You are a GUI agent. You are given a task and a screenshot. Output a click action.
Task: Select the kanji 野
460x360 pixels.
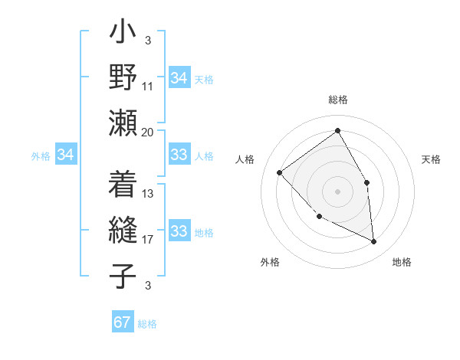[123, 78]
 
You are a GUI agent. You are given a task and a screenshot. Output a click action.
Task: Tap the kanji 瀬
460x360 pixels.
[123, 123]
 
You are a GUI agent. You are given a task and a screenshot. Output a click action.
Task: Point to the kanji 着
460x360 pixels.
[123, 185]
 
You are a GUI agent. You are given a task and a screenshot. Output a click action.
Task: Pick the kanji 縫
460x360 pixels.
[123, 231]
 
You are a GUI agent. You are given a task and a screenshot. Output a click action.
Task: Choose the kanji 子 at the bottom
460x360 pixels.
[123, 276]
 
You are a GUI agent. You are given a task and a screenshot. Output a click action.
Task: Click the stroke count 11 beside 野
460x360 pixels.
[148, 87]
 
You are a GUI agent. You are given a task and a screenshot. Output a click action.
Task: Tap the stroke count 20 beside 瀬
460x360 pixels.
[148, 132]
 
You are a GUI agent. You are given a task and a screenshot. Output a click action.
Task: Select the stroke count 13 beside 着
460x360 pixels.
[148, 194]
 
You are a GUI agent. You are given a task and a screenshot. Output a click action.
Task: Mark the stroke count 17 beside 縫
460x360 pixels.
[148, 240]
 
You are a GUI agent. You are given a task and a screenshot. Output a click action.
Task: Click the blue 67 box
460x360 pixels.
[123, 322]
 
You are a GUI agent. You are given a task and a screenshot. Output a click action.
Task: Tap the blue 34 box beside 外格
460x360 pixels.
[66, 155]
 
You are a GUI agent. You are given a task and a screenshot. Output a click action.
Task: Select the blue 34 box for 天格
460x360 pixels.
[179, 78]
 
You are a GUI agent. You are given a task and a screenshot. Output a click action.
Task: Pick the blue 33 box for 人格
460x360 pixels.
[179, 155]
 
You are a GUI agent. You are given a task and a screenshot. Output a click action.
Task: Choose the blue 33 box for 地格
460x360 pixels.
[179, 232]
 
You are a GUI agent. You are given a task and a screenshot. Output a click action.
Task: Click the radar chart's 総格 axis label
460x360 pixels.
[337, 100]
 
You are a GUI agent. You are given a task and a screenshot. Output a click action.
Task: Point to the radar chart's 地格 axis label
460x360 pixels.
[402, 263]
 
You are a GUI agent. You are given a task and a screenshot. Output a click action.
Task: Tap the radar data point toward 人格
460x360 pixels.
[280, 172]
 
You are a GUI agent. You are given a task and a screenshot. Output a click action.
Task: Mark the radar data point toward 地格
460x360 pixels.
[373, 241]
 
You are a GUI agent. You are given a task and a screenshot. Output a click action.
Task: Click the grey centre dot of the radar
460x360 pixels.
[337, 191]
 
